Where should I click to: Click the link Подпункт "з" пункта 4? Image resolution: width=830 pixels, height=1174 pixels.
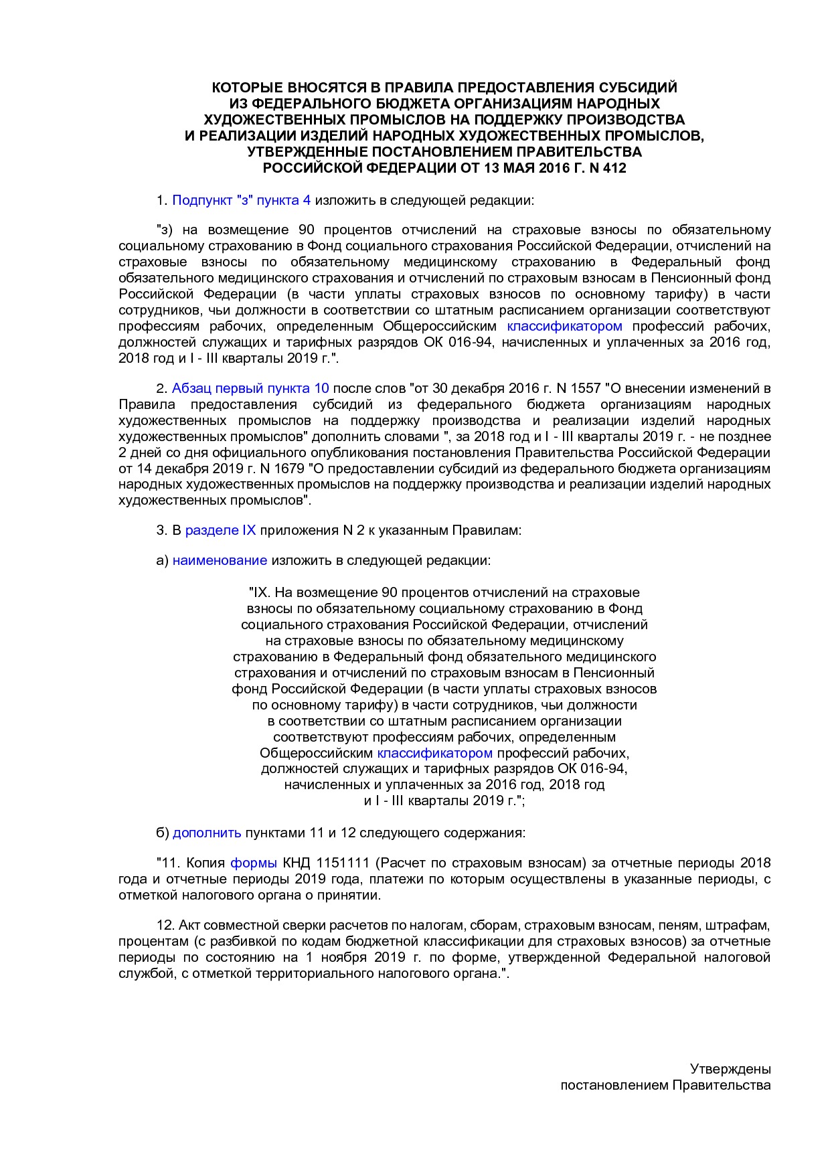[241, 200]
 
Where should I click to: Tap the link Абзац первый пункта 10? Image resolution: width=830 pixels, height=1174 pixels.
[250, 388]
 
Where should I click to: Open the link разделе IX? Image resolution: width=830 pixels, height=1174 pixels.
[220, 530]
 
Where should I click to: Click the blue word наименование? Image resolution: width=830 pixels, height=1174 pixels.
[220, 560]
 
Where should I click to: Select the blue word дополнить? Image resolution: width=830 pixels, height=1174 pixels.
[207, 833]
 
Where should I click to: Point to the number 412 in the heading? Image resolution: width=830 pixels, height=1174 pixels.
[614, 168]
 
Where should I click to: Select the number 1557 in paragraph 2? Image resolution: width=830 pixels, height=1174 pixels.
[585, 388]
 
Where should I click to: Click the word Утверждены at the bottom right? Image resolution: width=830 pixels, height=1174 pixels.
[730, 1069]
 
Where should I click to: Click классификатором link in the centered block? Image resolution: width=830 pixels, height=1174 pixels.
[435, 753]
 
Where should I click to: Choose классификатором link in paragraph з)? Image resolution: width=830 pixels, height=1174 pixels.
[564, 327]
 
